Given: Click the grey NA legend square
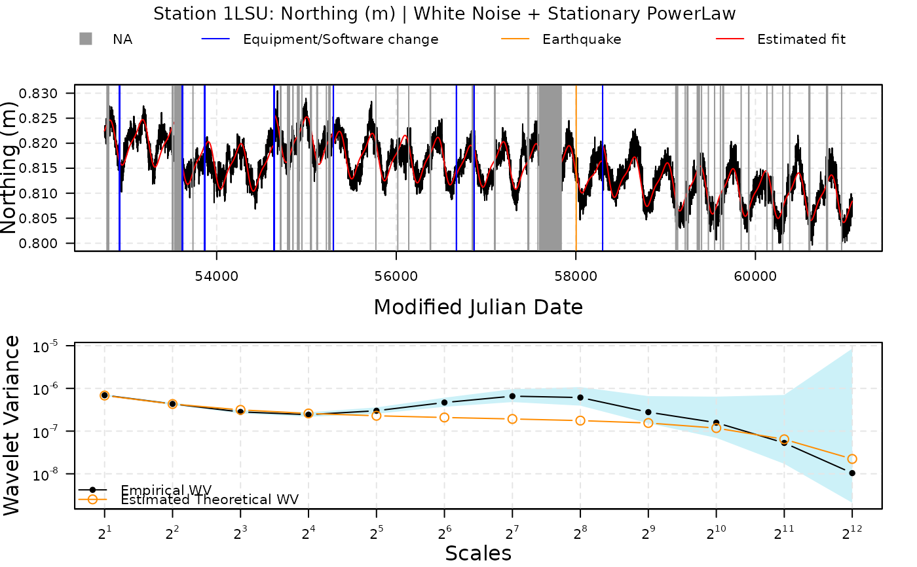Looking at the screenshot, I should point(86,39).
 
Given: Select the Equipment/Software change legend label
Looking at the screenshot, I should point(341,39).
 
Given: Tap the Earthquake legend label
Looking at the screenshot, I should point(582,39).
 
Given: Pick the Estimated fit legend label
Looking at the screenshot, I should point(801,39).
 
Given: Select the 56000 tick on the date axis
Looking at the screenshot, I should point(396,276).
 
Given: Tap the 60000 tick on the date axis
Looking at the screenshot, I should point(755,276).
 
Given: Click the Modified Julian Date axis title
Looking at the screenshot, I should point(478,307).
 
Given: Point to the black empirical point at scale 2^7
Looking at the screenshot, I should point(512,396).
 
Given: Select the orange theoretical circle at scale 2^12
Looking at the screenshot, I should point(851,459).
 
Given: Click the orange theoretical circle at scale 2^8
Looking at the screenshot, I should point(580,420).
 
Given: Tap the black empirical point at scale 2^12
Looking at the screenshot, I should point(851,473).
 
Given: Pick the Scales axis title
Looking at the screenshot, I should point(478,554).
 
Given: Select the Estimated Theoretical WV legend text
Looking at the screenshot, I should point(210,500).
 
